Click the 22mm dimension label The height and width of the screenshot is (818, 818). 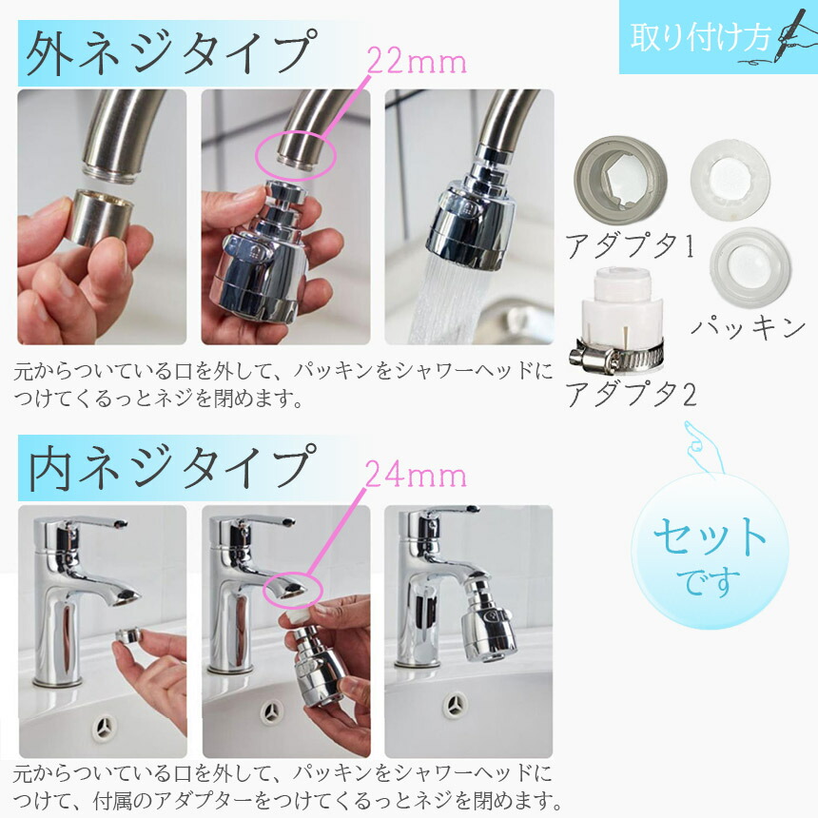coord(417,62)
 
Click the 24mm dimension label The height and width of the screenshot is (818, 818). coord(416,475)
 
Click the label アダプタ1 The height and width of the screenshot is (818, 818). coord(631,245)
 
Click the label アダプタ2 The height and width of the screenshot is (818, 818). coord(632,394)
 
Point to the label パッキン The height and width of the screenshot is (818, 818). coord(749,327)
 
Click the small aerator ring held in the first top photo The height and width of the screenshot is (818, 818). coord(99,217)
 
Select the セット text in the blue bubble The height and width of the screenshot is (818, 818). coord(710,536)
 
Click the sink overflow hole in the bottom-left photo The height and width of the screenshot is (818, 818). coord(105,726)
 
